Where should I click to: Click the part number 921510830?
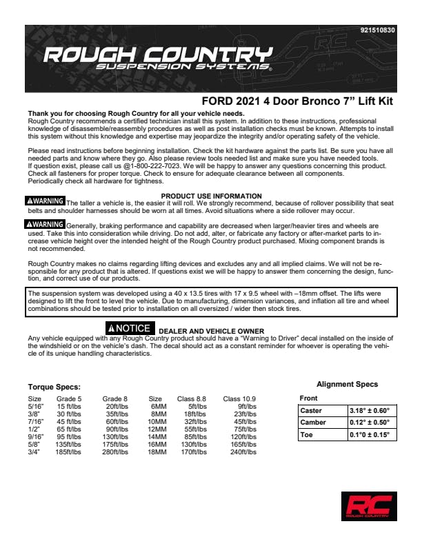(x=378, y=30)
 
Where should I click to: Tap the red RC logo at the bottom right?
(x=369, y=506)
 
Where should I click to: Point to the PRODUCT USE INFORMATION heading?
(x=211, y=196)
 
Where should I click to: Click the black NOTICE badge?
(x=129, y=328)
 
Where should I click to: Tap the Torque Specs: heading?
(x=54, y=387)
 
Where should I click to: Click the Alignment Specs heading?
(x=347, y=384)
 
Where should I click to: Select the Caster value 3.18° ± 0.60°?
(x=370, y=411)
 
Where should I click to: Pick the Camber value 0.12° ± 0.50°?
(x=370, y=423)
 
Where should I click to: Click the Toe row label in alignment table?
(x=307, y=435)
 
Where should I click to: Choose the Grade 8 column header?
(x=114, y=398)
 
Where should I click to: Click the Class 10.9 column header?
(x=240, y=398)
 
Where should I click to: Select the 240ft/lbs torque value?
(x=244, y=452)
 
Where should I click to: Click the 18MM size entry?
(x=158, y=452)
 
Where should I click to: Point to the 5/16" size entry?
(x=34, y=406)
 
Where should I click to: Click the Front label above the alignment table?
(x=309, y=398)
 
